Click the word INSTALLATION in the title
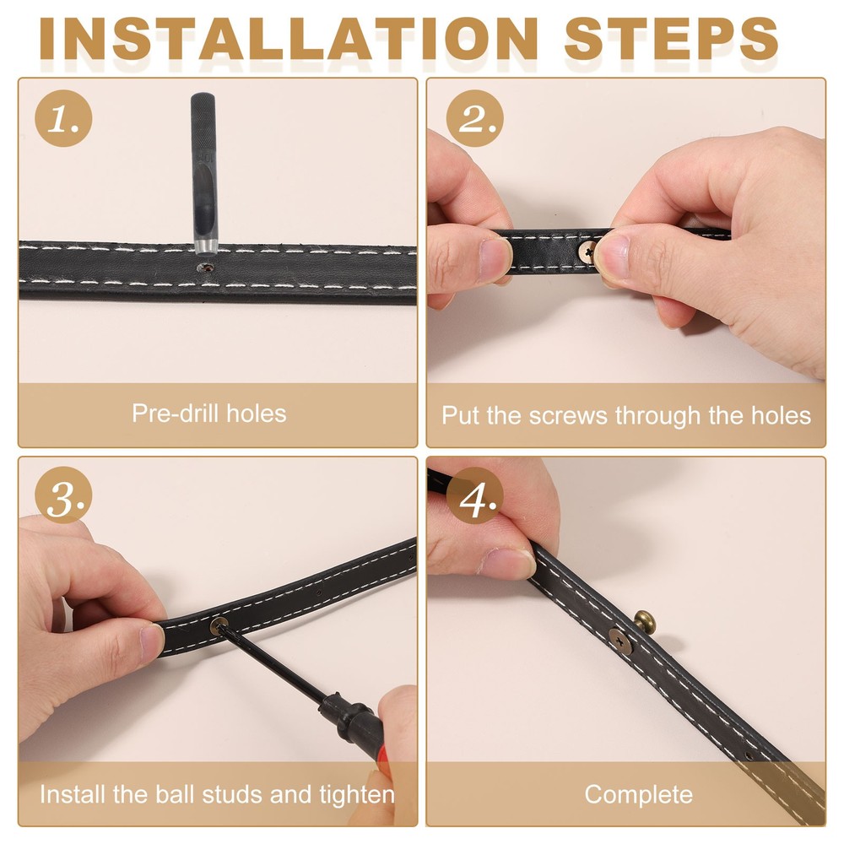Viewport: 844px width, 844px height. tap(289, 39)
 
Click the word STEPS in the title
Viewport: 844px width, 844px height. tap(671, 39)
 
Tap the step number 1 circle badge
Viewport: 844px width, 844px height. tap(63, 118)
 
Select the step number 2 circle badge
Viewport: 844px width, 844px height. tap(474, 118)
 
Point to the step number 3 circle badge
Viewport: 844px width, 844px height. tap(63, 495)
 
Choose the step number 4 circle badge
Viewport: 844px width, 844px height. tap(474, 495)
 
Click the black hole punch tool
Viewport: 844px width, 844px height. tap(204, 173)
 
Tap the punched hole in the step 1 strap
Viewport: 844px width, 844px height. tap(205, 267)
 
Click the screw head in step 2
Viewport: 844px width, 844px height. tap(587, 251)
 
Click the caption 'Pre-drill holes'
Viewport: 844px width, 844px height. tap(208, 414)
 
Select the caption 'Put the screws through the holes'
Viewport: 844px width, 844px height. tap(626, 415)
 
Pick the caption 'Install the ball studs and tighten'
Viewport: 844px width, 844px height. tap(217, 794)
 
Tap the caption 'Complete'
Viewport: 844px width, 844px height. tap(638, 794)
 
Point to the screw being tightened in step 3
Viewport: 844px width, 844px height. tap(219, 626)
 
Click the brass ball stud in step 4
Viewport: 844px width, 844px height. tap(646, 620)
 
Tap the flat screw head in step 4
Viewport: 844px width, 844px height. tap(620, 641)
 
